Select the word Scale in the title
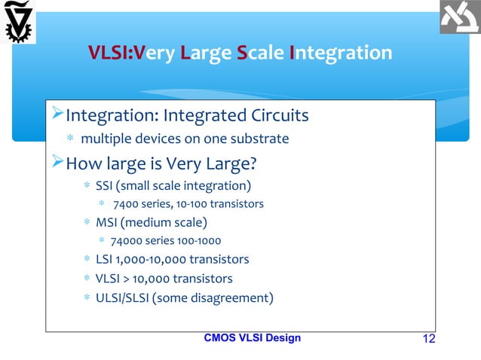(x=260, y=53)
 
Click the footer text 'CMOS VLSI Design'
(x=252, y=337)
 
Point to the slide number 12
(x=428, y=338)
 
